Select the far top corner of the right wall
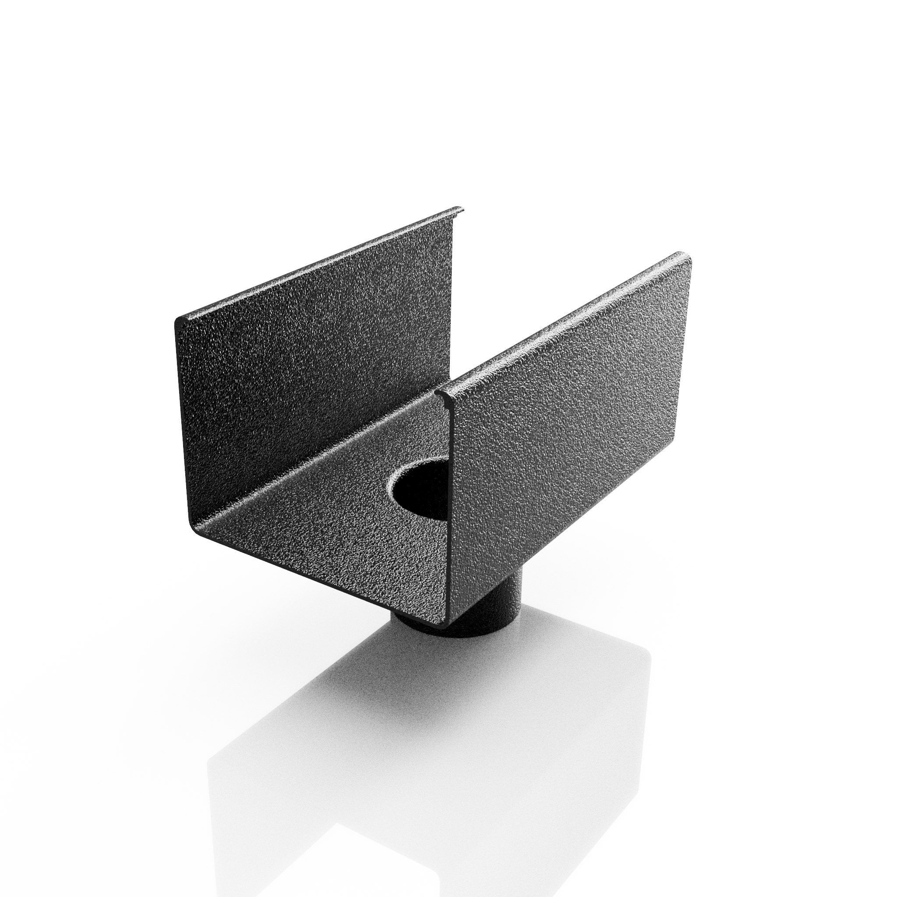tap(685, 255)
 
